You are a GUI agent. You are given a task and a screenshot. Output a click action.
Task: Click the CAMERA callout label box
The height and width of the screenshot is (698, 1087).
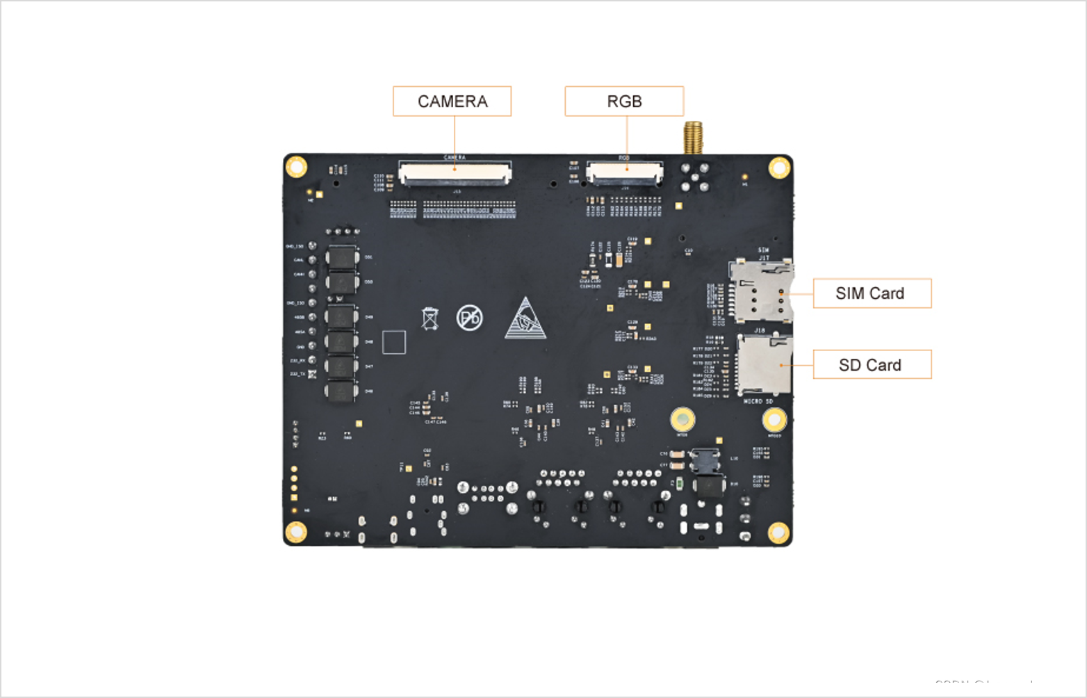tap(452, 102)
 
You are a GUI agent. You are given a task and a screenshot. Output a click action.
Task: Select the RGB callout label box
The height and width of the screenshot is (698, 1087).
tap(624, 102)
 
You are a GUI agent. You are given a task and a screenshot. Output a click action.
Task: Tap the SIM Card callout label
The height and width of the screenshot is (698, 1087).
tap(872, 293)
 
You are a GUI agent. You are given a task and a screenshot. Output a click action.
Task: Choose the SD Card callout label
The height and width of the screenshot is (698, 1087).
tap(872, 365)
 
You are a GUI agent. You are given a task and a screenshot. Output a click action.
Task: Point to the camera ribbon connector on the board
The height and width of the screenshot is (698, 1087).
tap(455, 173)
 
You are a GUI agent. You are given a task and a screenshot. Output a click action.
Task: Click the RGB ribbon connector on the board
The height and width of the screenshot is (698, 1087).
tap(624, 172)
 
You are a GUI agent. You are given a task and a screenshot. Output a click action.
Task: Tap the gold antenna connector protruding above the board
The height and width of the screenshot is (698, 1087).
tap(693, 138)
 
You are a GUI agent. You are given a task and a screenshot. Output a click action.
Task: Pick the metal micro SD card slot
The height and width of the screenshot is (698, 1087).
tap(765, 364)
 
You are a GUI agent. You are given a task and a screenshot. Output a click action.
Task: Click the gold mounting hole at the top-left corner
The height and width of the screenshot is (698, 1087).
tap(296, 167)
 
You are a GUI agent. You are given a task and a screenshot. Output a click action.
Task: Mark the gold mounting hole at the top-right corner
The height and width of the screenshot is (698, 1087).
tap(779, 168)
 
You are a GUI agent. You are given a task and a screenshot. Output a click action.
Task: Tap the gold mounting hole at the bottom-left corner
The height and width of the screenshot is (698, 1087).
tap(295, 532)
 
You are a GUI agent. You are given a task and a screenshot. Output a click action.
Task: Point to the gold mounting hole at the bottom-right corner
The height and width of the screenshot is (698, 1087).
tap(778, 533)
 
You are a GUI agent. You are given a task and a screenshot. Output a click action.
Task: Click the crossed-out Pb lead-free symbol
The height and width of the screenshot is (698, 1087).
tap(470, 318)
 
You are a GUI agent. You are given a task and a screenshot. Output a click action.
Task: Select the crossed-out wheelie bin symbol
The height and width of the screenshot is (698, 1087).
tap(430, 318)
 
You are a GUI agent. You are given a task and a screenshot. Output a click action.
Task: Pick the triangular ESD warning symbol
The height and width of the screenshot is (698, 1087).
tap(525, 319)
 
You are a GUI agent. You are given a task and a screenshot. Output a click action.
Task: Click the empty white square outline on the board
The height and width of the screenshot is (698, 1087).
tap(394, 342)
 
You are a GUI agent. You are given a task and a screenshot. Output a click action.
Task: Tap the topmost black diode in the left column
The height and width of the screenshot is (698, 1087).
tap(342, 258)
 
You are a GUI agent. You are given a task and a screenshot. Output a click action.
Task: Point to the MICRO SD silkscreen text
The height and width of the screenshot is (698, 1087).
tap(758, 401)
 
